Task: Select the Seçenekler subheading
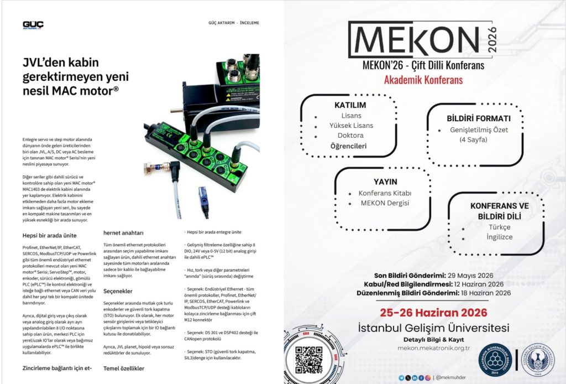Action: (119, 290)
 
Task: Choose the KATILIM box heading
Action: (350, 105)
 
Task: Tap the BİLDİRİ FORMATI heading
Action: (478, 119)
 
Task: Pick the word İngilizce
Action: (500, 237)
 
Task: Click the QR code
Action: (308, 360)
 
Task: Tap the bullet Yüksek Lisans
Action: (351, 126)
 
